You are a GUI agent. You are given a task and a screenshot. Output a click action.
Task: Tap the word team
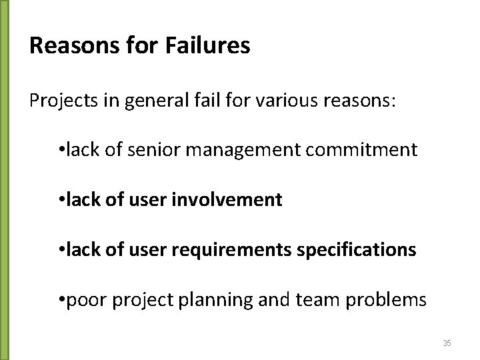tap(317, 299)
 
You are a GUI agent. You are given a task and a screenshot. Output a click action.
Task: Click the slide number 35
tap(447, 343)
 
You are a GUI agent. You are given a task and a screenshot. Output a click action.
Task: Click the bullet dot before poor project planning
tap(61, 299)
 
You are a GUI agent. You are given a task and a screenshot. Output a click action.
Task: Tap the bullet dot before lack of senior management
tap(61, 149)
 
